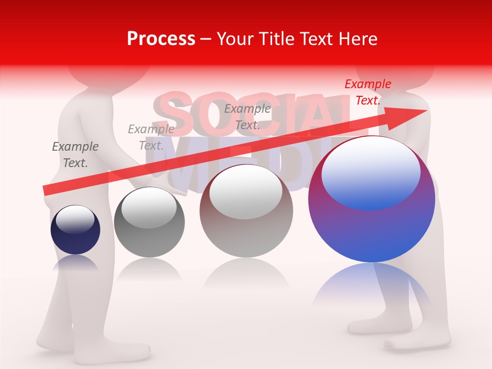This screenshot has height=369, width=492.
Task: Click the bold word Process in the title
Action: point(161,39)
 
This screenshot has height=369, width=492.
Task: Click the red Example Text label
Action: point(367,92)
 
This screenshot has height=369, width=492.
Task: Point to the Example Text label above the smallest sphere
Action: point(75,155)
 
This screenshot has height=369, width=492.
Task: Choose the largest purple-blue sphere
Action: point(372,225)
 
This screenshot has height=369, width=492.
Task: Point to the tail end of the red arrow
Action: point(45,191)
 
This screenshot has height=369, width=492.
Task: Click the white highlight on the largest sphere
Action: point(371,169)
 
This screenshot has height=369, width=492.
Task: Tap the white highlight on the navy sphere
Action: point(75,219)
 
